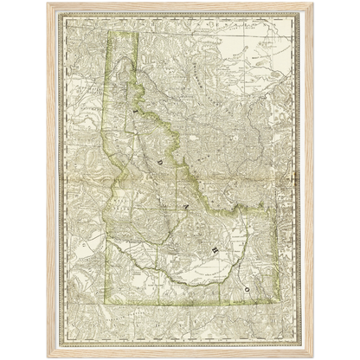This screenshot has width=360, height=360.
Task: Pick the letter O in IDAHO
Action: point(247,285)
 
